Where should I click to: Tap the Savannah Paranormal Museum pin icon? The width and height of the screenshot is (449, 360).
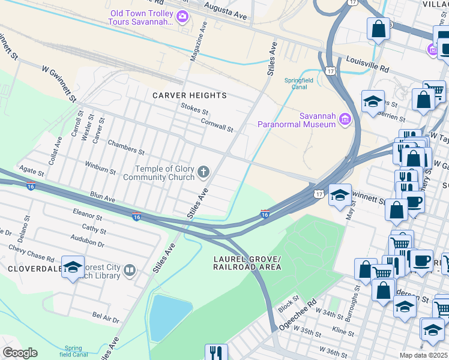pyautogui.click(x=345, y=119)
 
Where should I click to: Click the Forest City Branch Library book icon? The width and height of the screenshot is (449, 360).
pyautogui.click(x=128, y=272)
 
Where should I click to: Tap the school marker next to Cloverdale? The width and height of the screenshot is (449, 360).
pyautogui.click(x=73, y=268)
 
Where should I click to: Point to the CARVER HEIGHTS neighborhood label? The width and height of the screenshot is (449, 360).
pyautogui.click(x=189, y=95)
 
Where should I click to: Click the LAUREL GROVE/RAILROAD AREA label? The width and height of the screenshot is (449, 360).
pyautogui.click(x=247, y=262)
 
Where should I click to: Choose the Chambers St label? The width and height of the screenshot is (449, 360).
pyautogui.click(x=126, y=147)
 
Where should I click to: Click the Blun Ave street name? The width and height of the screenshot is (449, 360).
pyautogui.click(x=102, y=196)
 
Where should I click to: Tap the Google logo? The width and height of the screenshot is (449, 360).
pyautogui.click(x=20, y=353)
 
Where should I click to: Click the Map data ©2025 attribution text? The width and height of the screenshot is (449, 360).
pyautogui.click(x=423, y=355)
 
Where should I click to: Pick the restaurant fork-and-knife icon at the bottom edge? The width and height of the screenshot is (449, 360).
pyautogui.click(x=216, y=352)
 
